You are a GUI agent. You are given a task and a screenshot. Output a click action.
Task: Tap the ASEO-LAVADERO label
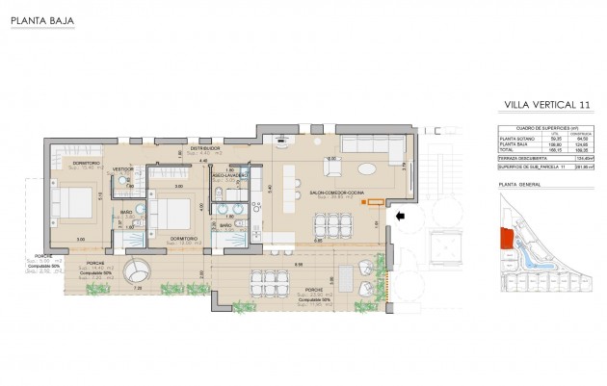229,176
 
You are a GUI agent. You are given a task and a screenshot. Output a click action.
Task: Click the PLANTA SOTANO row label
515,139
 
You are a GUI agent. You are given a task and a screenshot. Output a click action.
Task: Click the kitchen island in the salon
279,238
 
